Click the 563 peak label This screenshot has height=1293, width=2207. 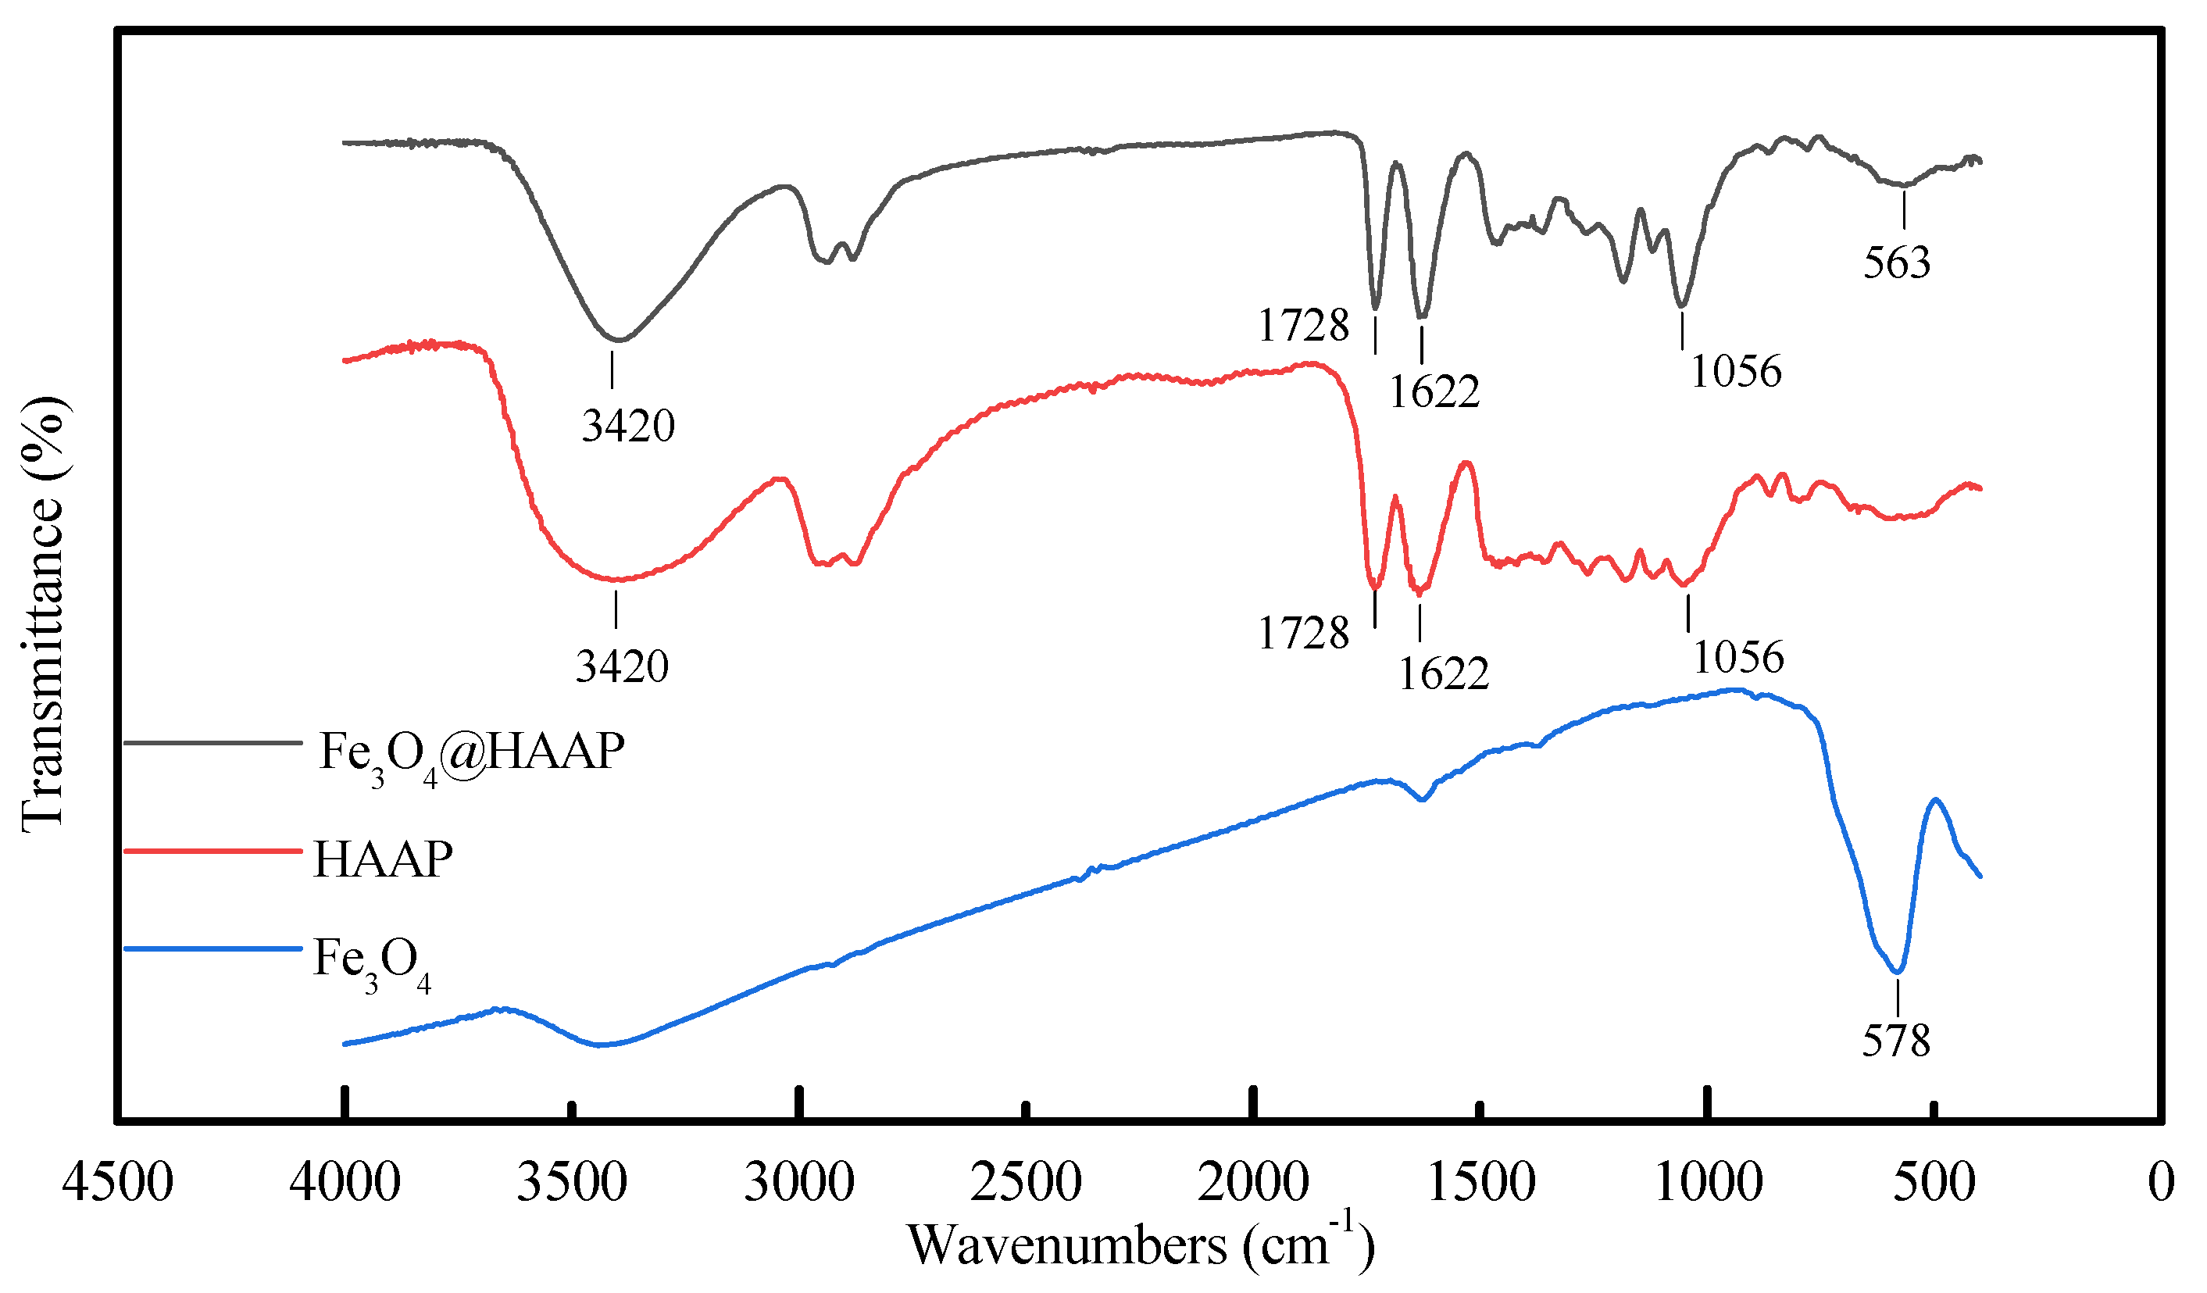(x=1895, y=263)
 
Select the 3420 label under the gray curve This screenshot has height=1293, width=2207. (x=628, y=427)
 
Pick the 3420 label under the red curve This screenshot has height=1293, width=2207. (x=622, y=666)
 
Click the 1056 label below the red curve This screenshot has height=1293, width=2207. (x=1737, y=657)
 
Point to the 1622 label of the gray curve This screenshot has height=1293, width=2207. (x=1434, y=391)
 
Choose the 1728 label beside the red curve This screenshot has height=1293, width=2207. (x=1303, y=634)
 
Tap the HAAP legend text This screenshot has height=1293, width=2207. (x=383, y=859)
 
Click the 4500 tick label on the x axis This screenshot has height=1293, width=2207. (x=117, y=1183)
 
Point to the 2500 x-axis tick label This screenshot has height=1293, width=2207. (x=1026, y=1183)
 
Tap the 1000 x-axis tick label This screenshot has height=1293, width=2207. (x=1708, y=1183)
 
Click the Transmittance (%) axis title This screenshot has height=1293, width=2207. (x=42, y=613)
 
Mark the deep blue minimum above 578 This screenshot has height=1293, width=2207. (x=1897, y=971)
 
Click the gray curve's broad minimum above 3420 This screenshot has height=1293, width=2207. (x=618, y=339)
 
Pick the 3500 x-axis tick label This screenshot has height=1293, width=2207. (x=571, y=1183)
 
